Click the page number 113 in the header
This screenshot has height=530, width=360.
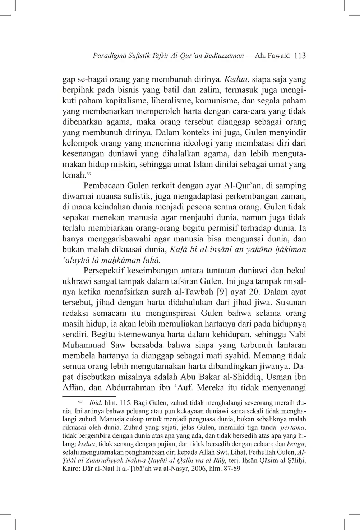click(x=300, y=56)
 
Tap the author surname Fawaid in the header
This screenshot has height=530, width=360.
click(x=279, y=56)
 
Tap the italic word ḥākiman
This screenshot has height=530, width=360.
click(x=290, y=250)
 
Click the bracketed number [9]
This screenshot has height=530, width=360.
click(x=220, y=292)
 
